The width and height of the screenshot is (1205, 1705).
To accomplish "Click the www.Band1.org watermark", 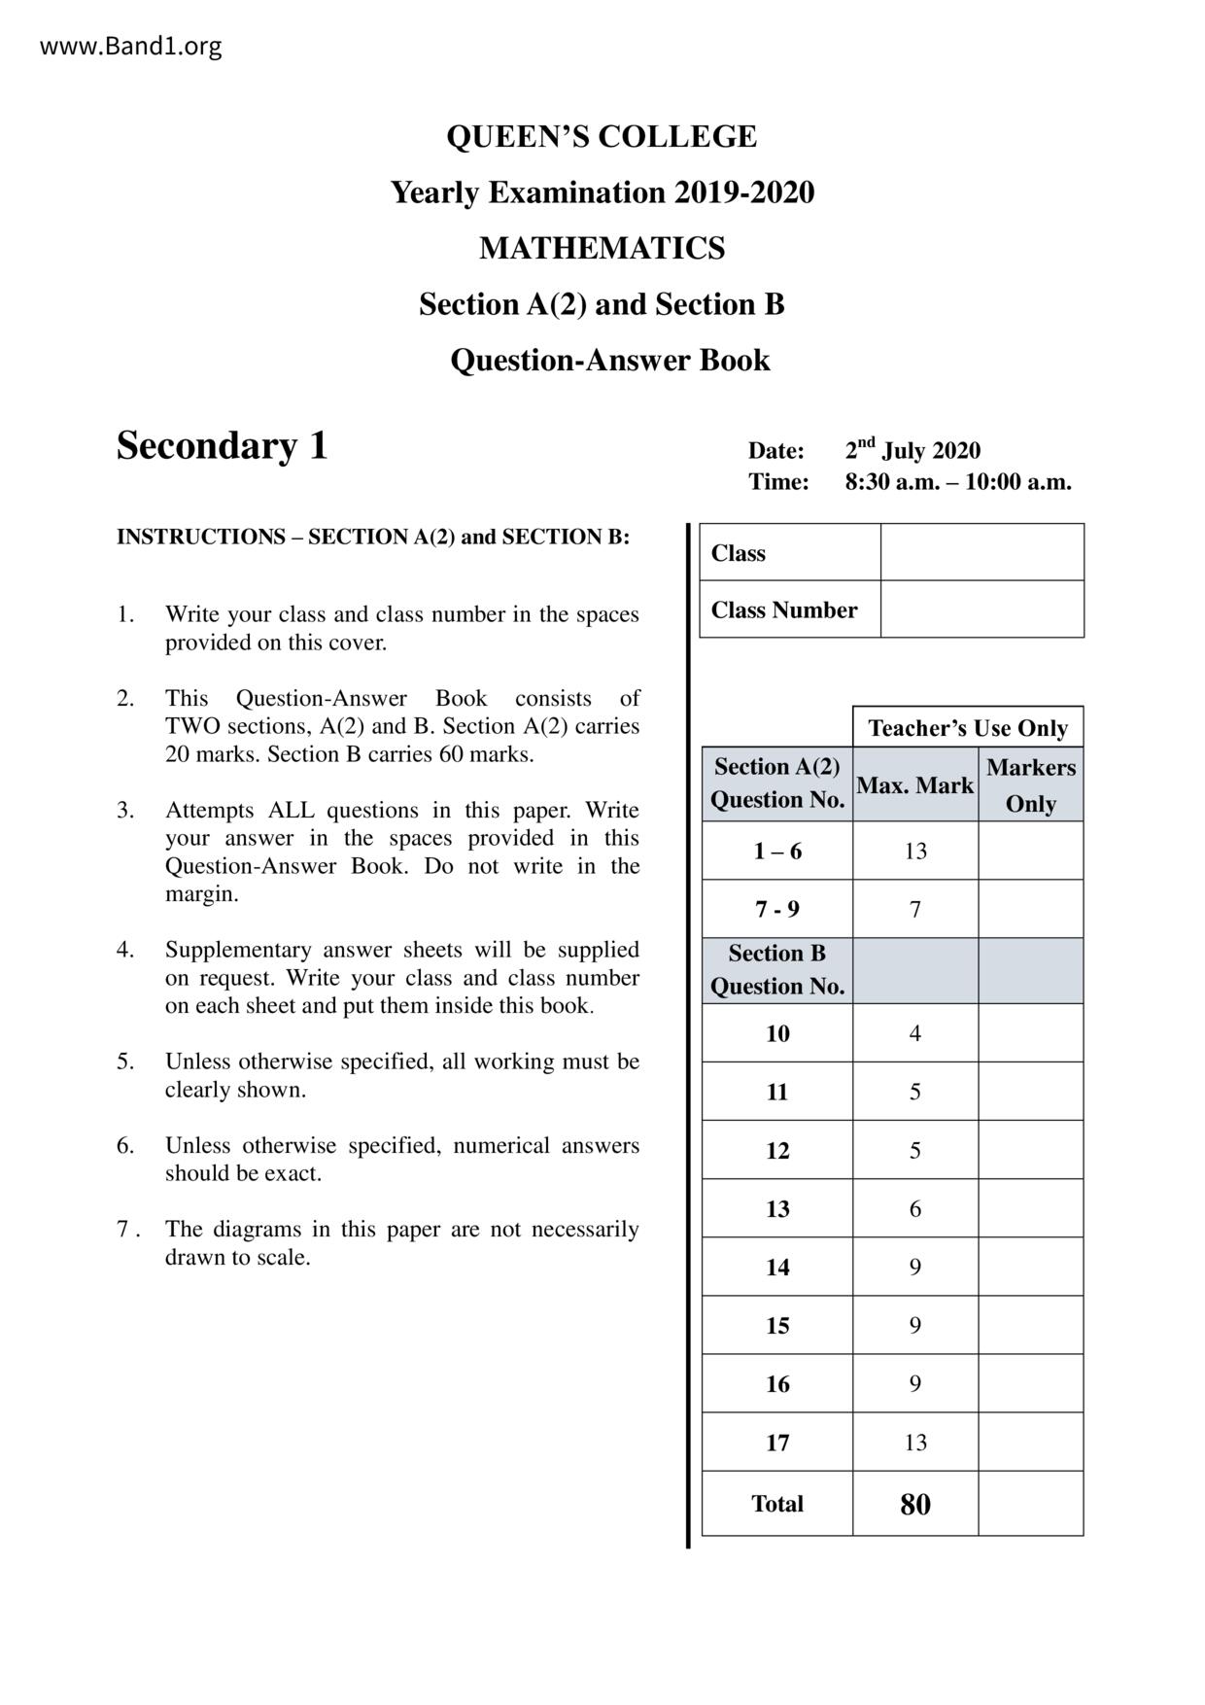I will click(x=130, y=46).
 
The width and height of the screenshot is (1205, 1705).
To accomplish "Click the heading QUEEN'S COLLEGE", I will click(x=602, y=136).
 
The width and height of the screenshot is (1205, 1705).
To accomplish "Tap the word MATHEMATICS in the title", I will click(x=602, y=249).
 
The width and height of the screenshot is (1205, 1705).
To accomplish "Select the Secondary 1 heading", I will click(x=223, y=445).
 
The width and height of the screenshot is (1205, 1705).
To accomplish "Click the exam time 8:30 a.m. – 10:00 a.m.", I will click(x=957, y=482).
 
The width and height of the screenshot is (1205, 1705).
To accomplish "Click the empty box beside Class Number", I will click(x=981, y=609).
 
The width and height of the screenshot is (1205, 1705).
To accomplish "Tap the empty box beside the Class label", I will click(x=981, y=552).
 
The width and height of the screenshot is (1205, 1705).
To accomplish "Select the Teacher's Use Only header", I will click(x=968, y=728).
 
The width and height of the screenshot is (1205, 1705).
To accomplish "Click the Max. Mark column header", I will click(x=914, y=785).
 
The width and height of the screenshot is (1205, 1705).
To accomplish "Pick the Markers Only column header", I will click(x=1030, y=785).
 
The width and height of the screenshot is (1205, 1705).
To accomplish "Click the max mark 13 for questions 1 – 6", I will click(x=914, y=852).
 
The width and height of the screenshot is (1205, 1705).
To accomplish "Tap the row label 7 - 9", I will click(x=776, y=910).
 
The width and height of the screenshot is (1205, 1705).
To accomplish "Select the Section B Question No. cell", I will click(x=776, y=970).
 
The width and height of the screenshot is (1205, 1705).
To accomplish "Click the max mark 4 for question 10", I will click(x=914, y=1033).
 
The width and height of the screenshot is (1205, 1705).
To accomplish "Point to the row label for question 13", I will click(x=776, y=1208).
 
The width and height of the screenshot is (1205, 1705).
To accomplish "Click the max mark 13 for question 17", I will click(x=914, y=1443).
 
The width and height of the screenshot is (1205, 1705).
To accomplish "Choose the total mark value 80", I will click(x=914, y=1505).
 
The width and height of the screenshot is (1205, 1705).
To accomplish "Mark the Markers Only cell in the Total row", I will click(x=1030, y=1505).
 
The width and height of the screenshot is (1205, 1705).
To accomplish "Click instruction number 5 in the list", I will click(x=125, y=1061).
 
